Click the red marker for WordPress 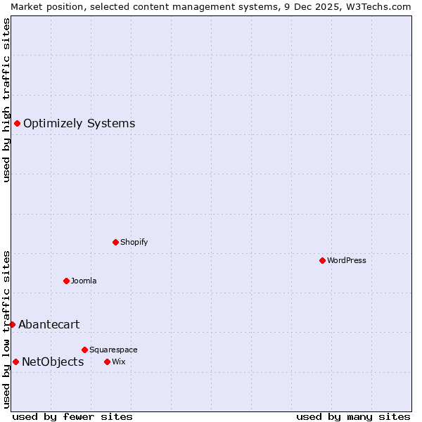322,260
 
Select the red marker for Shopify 116,242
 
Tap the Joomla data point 66,281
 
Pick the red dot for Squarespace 84,350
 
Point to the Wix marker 107,362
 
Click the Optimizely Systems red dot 17,123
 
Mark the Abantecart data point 12,324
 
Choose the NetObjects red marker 15,362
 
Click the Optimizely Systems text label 79,124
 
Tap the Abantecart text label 49,325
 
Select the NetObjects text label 53,362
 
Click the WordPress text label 347,260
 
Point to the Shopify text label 134,242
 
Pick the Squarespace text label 113,350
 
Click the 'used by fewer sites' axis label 72,416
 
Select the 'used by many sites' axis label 353,416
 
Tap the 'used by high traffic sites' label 6,100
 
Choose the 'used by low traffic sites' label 6,329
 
